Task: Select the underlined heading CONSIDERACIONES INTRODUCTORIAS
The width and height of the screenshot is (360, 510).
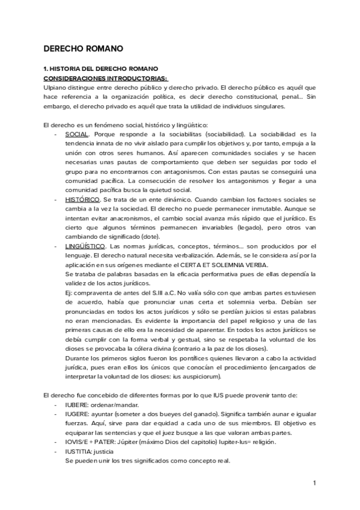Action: [x=106, y=78]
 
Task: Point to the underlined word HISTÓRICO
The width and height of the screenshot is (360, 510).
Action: [x=82, y=199]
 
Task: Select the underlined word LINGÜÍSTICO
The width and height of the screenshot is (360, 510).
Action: [x=85, y=247]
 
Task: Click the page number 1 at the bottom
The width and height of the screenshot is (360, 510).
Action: [x=314, y=483]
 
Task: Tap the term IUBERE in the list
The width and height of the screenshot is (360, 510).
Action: [x=76, y=405]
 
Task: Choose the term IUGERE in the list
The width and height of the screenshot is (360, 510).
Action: [x=76, y=414]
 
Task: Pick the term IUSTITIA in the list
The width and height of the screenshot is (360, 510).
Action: [x=78, y=452]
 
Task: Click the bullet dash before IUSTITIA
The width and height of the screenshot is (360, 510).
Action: [x=56, y=452]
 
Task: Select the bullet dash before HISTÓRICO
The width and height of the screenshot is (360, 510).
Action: [x=56, y=199]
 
